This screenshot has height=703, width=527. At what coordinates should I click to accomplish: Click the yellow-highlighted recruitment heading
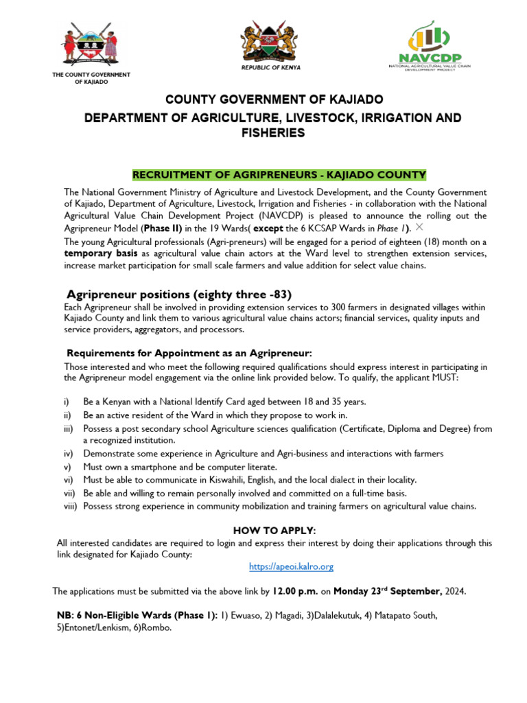[x=279, y=174]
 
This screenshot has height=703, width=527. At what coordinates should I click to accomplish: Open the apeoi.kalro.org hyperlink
[x=291, y=566]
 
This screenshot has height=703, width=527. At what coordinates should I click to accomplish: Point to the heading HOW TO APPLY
[x=274, y=531]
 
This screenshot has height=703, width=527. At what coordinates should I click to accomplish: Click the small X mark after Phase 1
[x=419, y=227]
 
